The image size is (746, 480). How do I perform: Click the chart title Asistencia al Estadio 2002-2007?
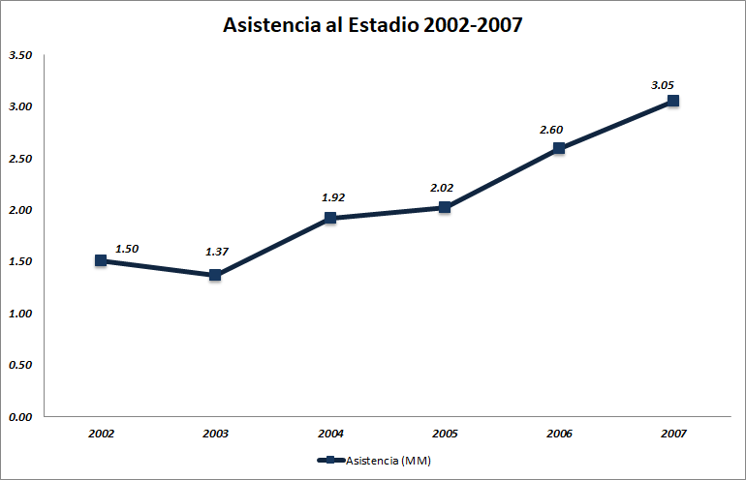[x=373, y=25]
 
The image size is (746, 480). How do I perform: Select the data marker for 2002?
[x=101, y=260]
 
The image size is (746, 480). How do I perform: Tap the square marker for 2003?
[x=215, y=275]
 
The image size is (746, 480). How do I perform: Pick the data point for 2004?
[x=330, y=218]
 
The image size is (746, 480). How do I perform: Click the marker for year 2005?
[x=445, y=207]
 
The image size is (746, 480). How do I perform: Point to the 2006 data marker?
[x=559, y=148]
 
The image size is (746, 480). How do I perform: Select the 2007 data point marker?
[x=673, y=101]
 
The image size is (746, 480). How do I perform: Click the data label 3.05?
[x=663, y=85]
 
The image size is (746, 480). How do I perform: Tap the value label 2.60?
[x=551, y=130]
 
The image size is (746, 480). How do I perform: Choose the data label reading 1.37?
[x=217, y=253]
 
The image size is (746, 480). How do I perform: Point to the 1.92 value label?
[x=333, y=197]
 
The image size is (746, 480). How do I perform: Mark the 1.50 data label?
[x=127, y=249]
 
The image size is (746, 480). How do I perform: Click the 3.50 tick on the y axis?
[x=20, y=55]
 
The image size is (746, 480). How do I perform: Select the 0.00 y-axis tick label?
[x=20, y=417]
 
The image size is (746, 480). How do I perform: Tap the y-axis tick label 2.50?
[x=20, y=159]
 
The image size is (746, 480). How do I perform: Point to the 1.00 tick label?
[x=20, y=314]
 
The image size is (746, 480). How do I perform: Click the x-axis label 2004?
[x=330, y=434]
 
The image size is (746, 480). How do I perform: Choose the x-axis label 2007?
[x=673, y=434]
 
